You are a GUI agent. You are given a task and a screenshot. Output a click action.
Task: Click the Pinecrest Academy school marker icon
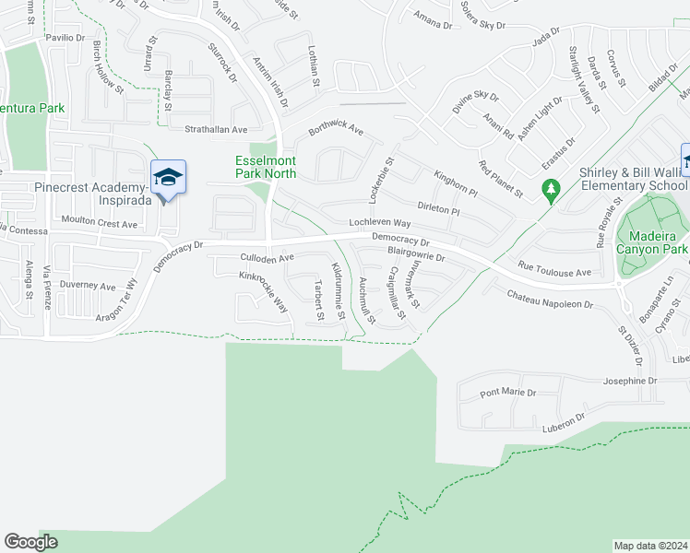pyautogui.click(x=168, y=177)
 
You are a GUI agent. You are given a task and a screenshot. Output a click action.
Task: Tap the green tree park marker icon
pyautogui.click(x=552, y=192)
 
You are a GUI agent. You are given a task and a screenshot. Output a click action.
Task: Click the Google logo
pyautogui.click(x=30, y=542)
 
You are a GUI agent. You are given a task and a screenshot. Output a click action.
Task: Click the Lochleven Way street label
pyautogui.click(x=379, y=223)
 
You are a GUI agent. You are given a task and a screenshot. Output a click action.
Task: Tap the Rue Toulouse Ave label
pyautogui.click(x=553, y=273)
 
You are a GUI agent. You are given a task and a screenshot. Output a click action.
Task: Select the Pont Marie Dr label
pyautogui.click(x=507, y=394)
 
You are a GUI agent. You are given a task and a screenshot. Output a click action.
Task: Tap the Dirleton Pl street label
pyautogui.click(x=438, y=208)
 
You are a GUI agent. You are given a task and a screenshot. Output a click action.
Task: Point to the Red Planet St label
pyautogui.click(x=501, y=179)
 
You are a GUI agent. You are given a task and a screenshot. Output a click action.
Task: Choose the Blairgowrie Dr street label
pyautogui.click(x=416, y=253)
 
